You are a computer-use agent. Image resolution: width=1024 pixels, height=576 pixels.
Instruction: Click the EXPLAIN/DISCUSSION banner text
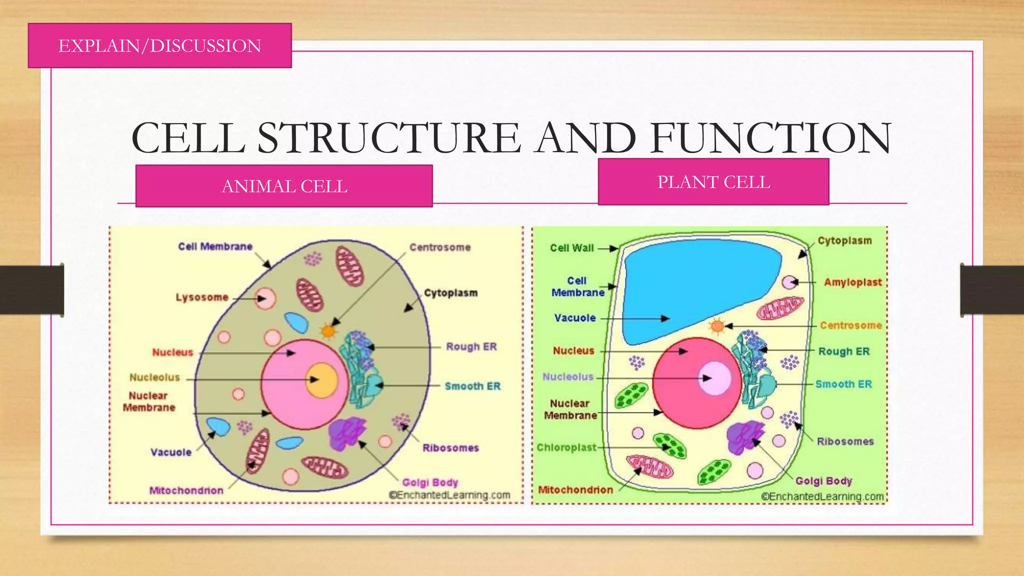pos(159,46)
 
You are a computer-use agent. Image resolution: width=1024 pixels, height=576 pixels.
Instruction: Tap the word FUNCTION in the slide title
pos(770,138)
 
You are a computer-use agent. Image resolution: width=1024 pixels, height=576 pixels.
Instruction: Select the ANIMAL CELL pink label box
pos(284,186)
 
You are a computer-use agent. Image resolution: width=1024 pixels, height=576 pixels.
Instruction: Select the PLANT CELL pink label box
pos(713,182)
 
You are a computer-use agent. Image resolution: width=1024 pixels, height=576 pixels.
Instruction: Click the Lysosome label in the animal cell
pos(202,297)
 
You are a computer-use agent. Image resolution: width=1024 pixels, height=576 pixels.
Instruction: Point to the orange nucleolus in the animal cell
pos(321,380)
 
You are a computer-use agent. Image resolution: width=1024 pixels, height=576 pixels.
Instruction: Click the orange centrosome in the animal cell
pos(328,330)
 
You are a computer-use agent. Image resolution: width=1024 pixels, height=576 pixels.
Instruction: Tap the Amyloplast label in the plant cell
pos(852,282)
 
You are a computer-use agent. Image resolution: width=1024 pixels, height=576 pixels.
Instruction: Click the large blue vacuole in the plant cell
pos(700,290)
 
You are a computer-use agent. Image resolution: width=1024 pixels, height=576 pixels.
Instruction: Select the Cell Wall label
pos(571,248)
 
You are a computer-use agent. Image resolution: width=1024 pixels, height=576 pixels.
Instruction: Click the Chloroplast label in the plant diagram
pos(566,447)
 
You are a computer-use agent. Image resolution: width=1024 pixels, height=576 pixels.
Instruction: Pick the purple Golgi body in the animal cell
pos(346,433)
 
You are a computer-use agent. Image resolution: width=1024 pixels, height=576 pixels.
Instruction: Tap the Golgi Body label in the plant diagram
pos(823,481)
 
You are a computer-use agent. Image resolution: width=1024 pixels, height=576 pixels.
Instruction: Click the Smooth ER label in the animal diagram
pos(472,386)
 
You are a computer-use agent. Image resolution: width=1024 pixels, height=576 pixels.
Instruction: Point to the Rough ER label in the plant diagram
pos(843,351)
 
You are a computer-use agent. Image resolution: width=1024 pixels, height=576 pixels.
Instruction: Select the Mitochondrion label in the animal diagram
pos(186,490)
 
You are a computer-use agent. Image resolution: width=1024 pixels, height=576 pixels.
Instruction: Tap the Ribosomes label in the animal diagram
pos(450,448)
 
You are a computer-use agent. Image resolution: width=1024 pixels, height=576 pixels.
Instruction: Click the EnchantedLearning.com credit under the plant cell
pos(822,496)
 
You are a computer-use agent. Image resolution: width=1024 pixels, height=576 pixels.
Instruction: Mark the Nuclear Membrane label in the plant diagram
pos(570,409)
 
